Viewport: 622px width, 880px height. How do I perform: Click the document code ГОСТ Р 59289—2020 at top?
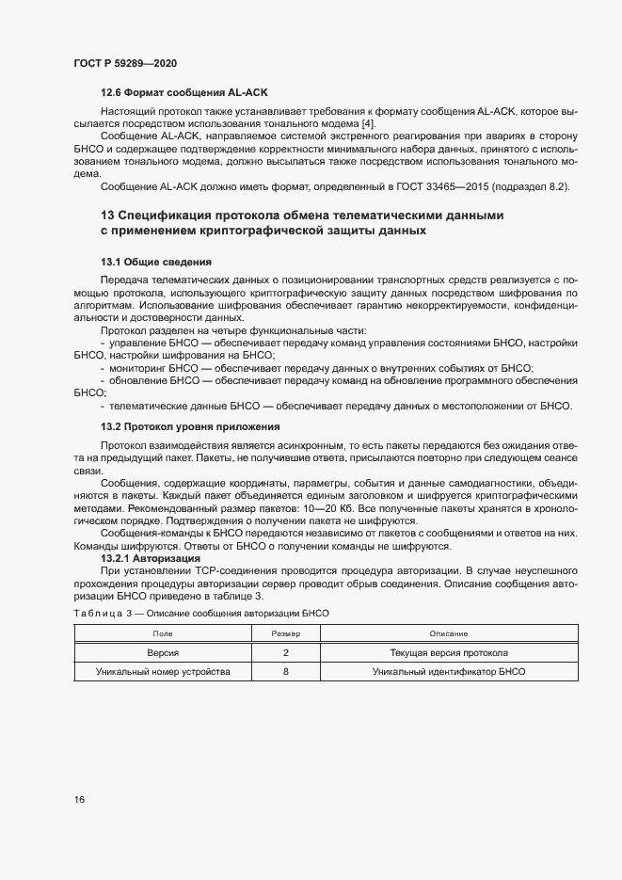[124, 63]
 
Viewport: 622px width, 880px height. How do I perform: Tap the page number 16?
[79, 800]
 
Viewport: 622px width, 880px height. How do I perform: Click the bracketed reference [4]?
[368, 124]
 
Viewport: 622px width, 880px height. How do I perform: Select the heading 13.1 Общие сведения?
[155, 262]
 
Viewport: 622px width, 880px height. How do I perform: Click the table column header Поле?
[163, 634]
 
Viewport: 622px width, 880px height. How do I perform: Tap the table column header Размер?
[286, 634]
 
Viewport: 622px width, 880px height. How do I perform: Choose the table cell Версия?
[163, 652]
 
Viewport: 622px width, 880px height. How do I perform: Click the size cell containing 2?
[286, 652]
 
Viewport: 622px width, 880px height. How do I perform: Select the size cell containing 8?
[286, 672]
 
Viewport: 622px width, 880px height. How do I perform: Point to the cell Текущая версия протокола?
[449, 652]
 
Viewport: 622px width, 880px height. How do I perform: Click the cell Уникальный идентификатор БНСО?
[449, 672]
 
